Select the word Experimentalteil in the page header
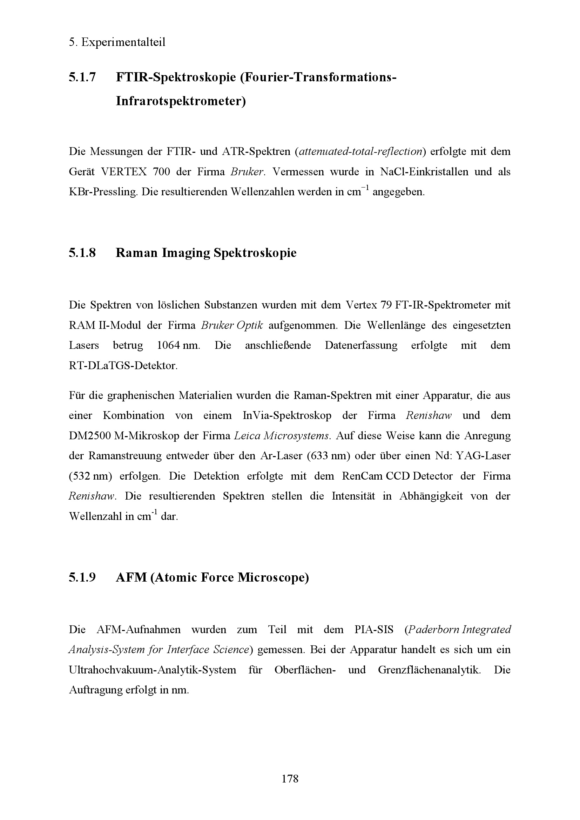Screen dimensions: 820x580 123,42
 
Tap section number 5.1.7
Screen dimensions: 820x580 82,77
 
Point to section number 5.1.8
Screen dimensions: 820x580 82,253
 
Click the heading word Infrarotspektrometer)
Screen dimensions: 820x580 181,101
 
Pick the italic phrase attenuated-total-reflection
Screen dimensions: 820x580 360,151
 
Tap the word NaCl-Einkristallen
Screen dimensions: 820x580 424,172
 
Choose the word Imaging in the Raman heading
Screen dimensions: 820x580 186,253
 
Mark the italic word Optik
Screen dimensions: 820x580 250,325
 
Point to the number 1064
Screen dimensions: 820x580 169,345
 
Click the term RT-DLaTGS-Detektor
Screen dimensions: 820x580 123,366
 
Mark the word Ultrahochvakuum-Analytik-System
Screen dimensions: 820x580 153,670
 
